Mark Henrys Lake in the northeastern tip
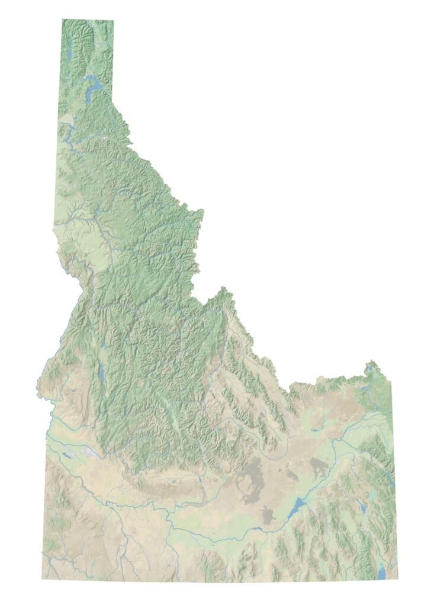pyautogui.click(x=371, y=370)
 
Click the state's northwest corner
pyautogui.click(x=63, y=20)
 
